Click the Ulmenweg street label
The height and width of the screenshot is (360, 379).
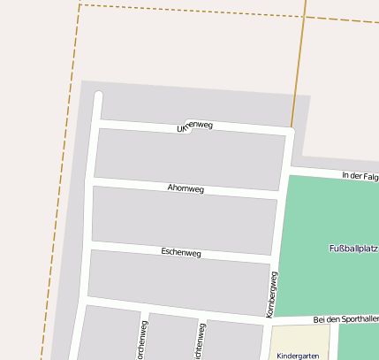tap(195, 126)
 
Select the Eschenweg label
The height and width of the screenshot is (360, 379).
tap(181, 253)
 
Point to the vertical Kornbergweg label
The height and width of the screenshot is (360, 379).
tap(272, 295)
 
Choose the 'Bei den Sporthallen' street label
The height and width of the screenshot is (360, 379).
tap(345, 318)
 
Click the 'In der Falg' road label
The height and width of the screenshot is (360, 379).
tap(360, 177)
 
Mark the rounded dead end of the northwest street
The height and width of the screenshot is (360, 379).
tap(98, 96)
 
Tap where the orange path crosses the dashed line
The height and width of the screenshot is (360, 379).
tap(305, 19)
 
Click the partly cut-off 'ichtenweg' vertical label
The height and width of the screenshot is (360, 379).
tap(201, 340)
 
